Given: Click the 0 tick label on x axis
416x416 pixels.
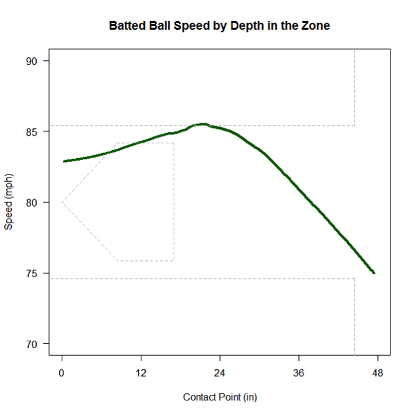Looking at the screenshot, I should tap(62, 373).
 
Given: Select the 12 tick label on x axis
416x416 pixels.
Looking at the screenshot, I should tap(141, 373).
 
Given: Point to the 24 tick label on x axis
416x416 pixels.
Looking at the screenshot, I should tap(220, 373).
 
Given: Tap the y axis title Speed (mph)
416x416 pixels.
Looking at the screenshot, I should tap(9, 203).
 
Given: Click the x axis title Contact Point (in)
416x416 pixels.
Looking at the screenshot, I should tap(220, 397).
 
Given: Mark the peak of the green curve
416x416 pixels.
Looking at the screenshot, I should tap(202, 124).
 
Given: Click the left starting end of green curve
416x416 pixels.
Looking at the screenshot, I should tap(64, 161).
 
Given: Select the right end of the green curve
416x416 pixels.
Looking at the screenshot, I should tap(374, 273).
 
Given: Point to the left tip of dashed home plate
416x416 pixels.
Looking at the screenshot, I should tap(62, 202).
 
